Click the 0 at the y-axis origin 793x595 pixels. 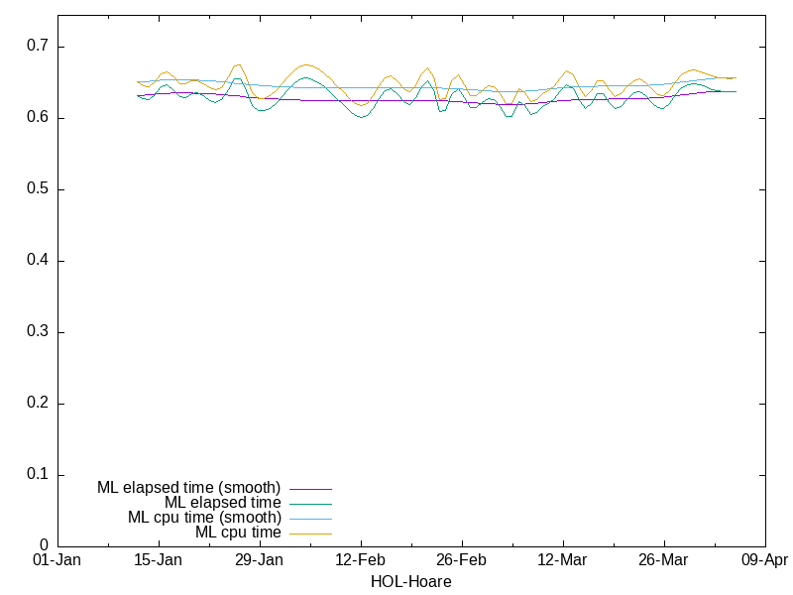(45, 545)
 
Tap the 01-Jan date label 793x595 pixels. (57, 560)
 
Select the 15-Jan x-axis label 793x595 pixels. (159, 560)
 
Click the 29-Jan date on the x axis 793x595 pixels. (260, 560)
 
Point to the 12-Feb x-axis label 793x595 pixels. (361, 560)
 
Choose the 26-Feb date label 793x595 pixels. (462, 560)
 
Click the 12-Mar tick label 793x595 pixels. (563, 560)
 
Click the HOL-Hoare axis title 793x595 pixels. (410, 582)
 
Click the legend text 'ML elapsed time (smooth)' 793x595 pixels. (188, 488)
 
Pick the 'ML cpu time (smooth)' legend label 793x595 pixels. (204, 518)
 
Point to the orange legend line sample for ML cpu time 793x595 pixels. (310, 534)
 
